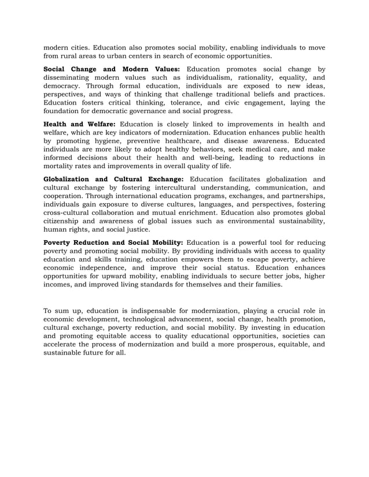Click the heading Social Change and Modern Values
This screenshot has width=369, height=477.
click(x=112, y=69)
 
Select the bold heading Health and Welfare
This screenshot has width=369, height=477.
click(x=80, y=124)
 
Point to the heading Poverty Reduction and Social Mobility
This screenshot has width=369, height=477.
click(x=113, y=243)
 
